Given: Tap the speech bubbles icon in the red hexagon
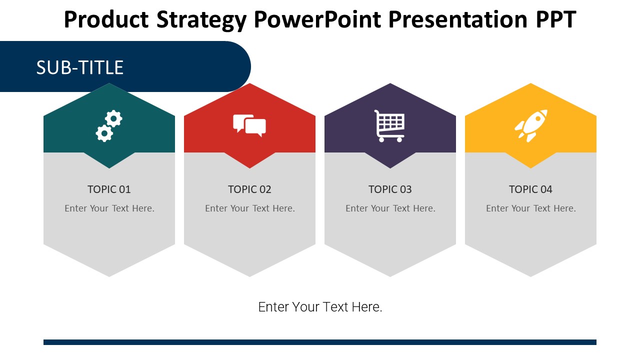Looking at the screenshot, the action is click(249, 125).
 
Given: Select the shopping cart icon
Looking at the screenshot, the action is click(389, 126).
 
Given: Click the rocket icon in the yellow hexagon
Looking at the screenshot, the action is click(531, 125).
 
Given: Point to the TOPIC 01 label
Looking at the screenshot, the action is click(109, 189).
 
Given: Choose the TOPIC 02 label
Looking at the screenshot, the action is click(249, 189).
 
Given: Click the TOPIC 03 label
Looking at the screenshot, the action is click(390, 189).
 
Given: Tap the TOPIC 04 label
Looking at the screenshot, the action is click(530, 189).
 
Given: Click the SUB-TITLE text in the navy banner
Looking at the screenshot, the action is click(79, 67).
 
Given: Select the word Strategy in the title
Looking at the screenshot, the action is click(201, 20).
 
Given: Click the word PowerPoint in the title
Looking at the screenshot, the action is click(317, 19).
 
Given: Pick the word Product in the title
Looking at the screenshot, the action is click(106, 19).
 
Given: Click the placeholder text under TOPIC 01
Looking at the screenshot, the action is click(109, 208).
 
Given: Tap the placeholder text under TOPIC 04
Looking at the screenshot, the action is click(531, 208).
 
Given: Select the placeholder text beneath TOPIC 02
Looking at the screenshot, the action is click(250, 208).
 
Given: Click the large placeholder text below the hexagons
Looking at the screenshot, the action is click(320, 307).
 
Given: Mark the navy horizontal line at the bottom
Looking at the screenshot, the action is click(320, 342).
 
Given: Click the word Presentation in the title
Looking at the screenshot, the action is click(457, 19).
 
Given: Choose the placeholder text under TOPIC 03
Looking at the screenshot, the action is click(390, 208).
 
